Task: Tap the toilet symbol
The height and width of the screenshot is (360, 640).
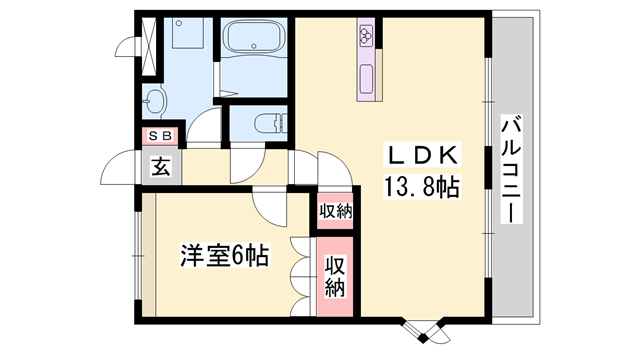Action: tap(265, 124)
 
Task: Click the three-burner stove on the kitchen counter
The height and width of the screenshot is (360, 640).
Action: tap(365, 37)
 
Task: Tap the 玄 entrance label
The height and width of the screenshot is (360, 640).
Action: tap(160, 165)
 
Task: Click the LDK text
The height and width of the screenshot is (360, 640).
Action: tap(421, 155)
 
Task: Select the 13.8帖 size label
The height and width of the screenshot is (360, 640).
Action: tap(421, 185)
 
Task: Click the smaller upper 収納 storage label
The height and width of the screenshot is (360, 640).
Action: tap(335, 210)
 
